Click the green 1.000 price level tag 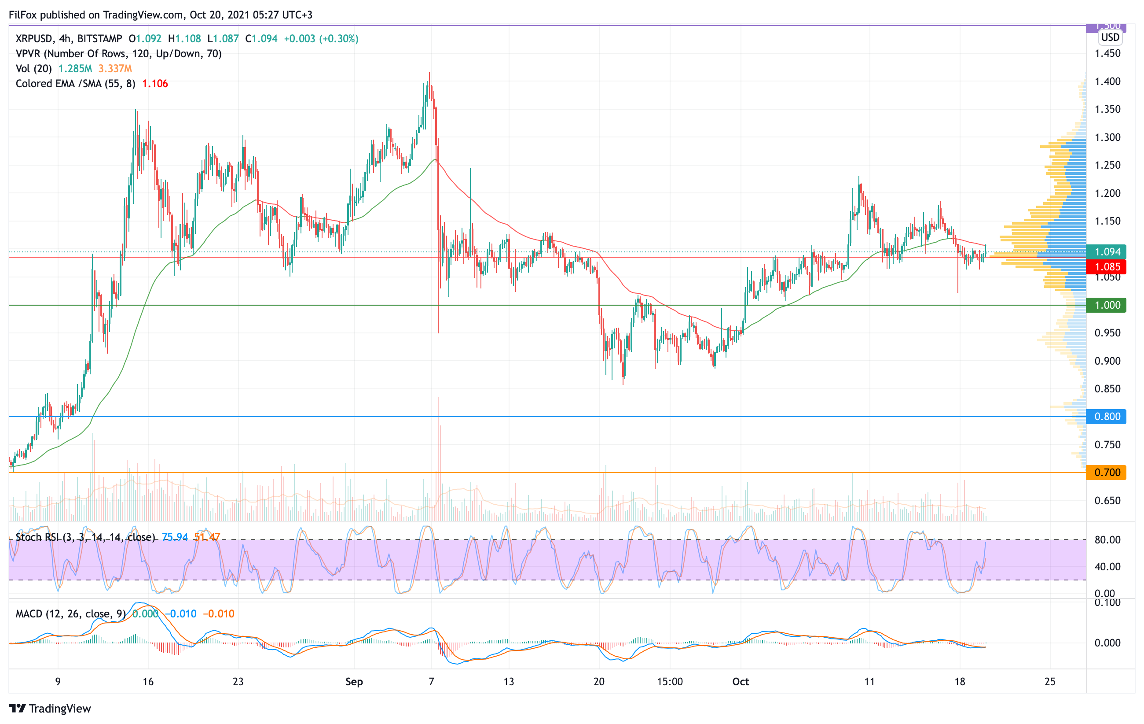point(1107,305)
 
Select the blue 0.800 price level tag point(1107,417)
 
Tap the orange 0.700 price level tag point(1107,473)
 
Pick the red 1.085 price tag point(1107,267)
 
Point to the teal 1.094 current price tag point(1107,252)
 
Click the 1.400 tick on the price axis point(1107,81)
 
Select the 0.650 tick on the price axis point(1107,501)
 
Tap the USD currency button point(1110,37)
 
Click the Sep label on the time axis point(354,682)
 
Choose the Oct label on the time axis point(740,682)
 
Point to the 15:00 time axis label point(670,682)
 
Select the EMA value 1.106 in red point(155,84)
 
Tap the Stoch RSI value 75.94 point(175,537)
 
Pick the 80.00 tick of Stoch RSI point(1107,539)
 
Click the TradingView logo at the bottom point(50,708)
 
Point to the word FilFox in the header point(23,15)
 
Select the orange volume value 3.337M point(115,68)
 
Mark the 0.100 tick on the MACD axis point(1107,603)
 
